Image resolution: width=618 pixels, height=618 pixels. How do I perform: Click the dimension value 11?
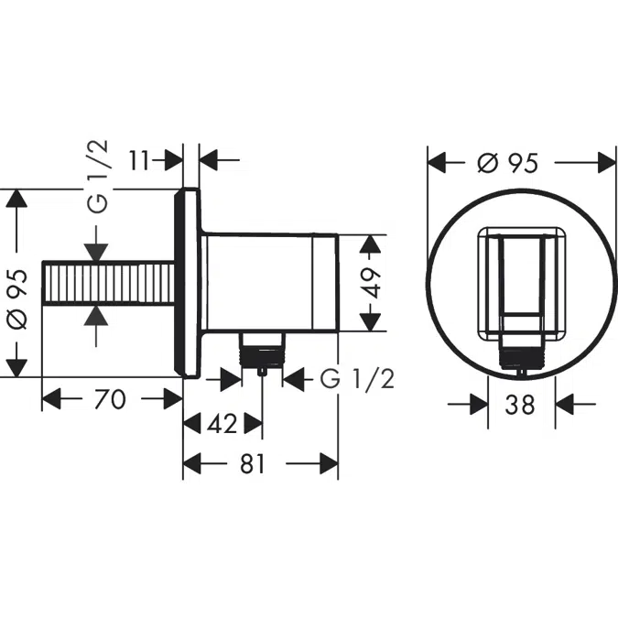point(139,160)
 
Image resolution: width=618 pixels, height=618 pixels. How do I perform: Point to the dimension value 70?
point(112,399)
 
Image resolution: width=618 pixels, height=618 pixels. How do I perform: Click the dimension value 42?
point(222,424)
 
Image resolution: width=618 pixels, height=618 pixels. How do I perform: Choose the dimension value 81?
point(254,464)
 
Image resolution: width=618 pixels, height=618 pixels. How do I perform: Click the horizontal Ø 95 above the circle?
point(506,163)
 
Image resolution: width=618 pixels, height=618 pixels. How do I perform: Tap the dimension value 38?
point(519,404)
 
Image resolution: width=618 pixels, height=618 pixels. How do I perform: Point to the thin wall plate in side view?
point(190,284)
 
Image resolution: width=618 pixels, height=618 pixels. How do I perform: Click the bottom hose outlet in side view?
point(263,352)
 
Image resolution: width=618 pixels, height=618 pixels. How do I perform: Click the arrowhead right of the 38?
point(566,404)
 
